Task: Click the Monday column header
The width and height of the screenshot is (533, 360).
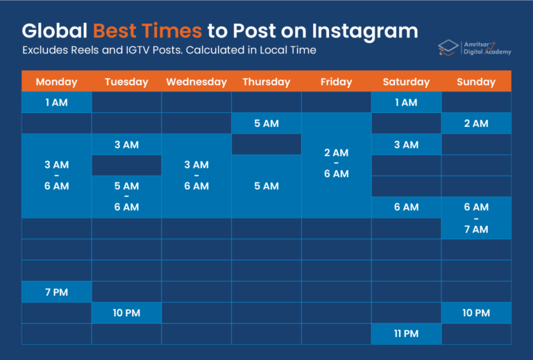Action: click(x=56, y=82)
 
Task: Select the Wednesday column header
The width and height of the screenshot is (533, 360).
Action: click(x=196, y=82)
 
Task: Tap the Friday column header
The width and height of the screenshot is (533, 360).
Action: click(x=336, y=82)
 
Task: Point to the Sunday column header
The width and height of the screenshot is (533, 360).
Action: click(x=476, y=82)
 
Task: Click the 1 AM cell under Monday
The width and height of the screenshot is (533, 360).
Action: click(x=56, y=103)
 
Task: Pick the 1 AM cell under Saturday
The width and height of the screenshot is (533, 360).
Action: click(x=406, y=103)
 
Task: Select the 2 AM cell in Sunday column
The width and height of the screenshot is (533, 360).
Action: click(x=476, y=123)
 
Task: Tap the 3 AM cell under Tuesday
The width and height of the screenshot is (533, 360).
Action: click(x=126, y=144)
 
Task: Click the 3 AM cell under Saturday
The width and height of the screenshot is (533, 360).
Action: click(x=406, y=144)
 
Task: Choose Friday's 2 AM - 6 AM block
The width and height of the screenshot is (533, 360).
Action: click(x=336, y=164)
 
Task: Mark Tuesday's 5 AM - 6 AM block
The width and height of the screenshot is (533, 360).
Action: click(x=126, y=196)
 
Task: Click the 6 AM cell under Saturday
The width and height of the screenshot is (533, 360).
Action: click(x=406, y=207)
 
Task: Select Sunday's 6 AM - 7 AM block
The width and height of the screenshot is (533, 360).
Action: click(x=476, y=218)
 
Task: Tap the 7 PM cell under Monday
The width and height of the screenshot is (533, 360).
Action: click(x=56, y=292)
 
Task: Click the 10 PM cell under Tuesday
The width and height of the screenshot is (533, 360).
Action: click(x=126, y=313)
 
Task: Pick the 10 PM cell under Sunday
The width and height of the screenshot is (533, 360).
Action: click(x=476, y=313)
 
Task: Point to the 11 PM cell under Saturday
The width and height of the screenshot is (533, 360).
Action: click(x=406, y=334)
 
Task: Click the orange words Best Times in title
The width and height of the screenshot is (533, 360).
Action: click(x=147, y=31)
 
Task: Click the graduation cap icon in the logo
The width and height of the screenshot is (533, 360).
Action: click(x=448, y=47)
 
